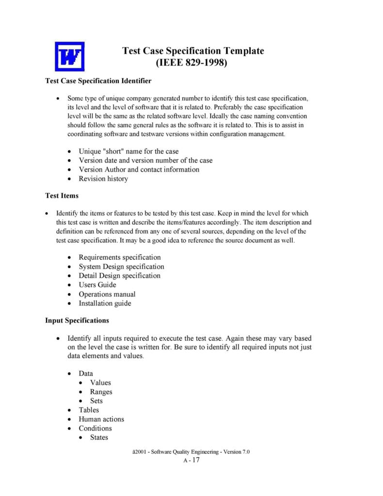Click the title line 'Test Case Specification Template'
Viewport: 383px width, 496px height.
coord(193,51)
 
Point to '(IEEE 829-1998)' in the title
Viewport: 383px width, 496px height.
coord(191,63)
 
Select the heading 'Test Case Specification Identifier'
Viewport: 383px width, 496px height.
coord(98,81)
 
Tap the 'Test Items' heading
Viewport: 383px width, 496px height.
coord(62,196)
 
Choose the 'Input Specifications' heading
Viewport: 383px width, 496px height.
coord(77,320)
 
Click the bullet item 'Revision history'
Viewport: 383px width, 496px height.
coord(103,179)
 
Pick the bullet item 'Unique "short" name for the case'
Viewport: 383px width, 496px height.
coord(128,151)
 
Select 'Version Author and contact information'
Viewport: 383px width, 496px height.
coord(139,169)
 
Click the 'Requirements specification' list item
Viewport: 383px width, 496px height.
coord(119,257)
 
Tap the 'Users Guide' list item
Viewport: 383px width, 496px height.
coord(97,285)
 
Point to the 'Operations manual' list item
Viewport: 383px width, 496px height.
coord(107,294)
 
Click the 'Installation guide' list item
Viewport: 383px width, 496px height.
coord(105,303)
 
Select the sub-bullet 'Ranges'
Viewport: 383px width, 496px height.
coord(101,392)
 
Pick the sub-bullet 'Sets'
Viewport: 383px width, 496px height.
coord(96,401)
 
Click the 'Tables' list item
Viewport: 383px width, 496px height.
coord(89,410)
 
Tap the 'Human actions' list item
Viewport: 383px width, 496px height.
coord(101,419)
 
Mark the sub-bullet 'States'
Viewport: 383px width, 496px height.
coord(99,438)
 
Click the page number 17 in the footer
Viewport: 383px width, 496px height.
coord(195,460)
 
